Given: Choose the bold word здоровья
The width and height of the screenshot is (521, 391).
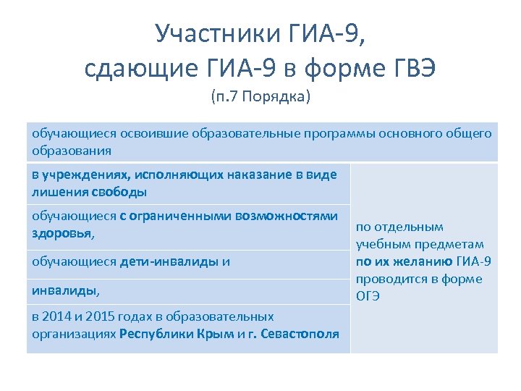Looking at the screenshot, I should [62, 233].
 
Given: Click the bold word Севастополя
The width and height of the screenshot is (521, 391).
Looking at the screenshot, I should [297, 333].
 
